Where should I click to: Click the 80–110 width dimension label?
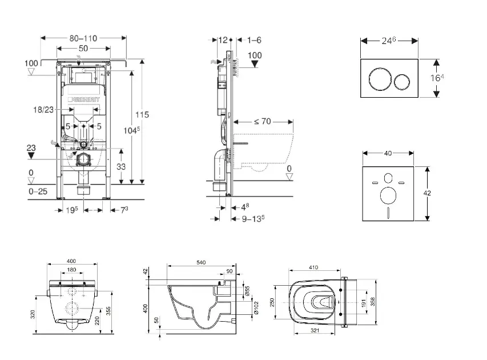point(83,38)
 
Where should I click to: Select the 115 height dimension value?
point(142,115)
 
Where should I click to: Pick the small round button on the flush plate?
point(403,81)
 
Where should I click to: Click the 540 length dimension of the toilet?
point(201,262)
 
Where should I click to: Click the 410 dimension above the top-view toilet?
point(313,267)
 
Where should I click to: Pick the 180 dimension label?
point(72,270)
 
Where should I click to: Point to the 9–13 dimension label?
point(249,218)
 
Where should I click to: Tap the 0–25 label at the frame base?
point(38,191)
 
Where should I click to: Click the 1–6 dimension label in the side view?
point(254,39)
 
